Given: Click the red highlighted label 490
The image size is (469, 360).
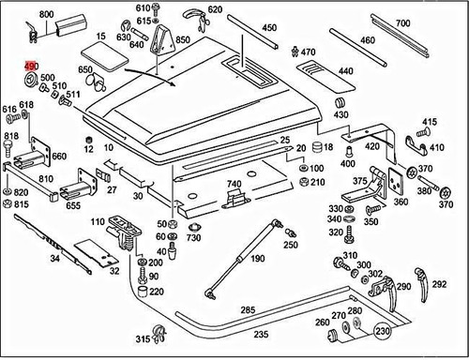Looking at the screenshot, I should tap(31, 65).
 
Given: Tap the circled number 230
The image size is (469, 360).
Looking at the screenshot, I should tap(382, 330).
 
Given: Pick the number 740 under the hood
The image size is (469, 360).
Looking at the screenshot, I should tap(234, 184).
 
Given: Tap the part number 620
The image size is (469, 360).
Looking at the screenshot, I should tap(215, 9).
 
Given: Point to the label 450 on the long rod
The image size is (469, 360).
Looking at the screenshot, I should tap(270, 29).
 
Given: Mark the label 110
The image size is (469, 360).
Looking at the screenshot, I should tap(98, 222).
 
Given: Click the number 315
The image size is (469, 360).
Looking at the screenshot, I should tap(143, 338).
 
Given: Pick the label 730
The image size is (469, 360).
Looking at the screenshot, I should tap(193, 238).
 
